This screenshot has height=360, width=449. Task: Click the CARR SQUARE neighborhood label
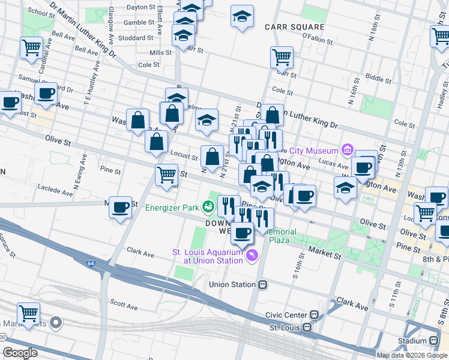[x=294, y=27]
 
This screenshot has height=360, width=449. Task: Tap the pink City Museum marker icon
[x=347, y=149]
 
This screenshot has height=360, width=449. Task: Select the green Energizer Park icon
[x=208, y=208]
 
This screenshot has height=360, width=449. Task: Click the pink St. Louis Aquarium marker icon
[x=252, y=256]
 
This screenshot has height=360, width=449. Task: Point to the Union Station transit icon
[x=262, y=284]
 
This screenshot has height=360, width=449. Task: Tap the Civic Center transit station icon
[x=314, y=315]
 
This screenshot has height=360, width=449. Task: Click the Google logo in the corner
[x=20, y=353]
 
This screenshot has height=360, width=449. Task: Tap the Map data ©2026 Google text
[x=412, y=355]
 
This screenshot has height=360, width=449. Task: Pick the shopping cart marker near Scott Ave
[x=29, y=313]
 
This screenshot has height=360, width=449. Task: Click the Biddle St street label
[x=378, y=78]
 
